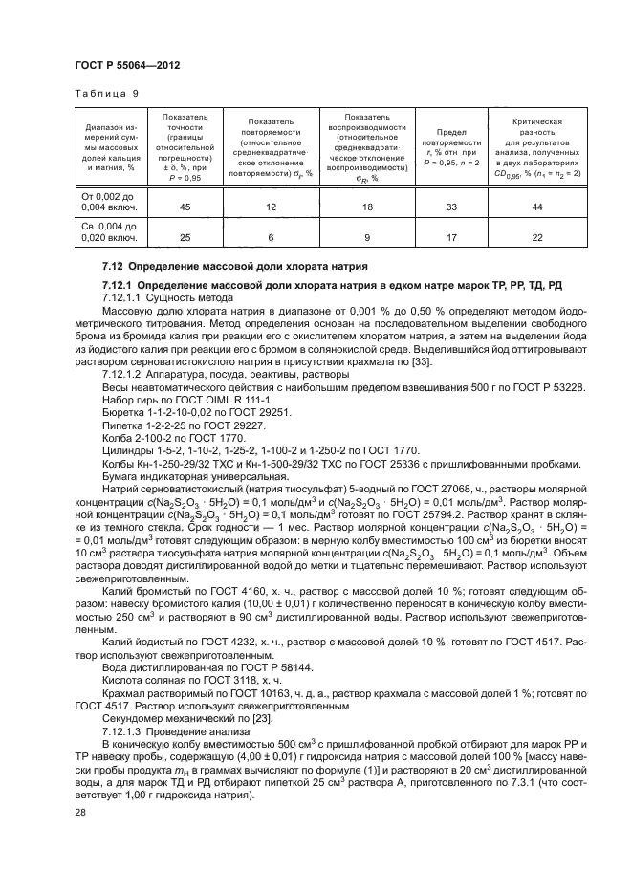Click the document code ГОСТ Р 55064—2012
click(x=129, y=65)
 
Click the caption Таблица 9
click(x=105, y=94)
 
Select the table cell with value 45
click(x=184, y=207)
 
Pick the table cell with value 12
click(x=271, y=207)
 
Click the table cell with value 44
click(x=536, y=207)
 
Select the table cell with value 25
click(x=184, y=237)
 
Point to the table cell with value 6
click(x=271, y=237)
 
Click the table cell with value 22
click(x=536, y=237)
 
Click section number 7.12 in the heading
click(x=114, y=265)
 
